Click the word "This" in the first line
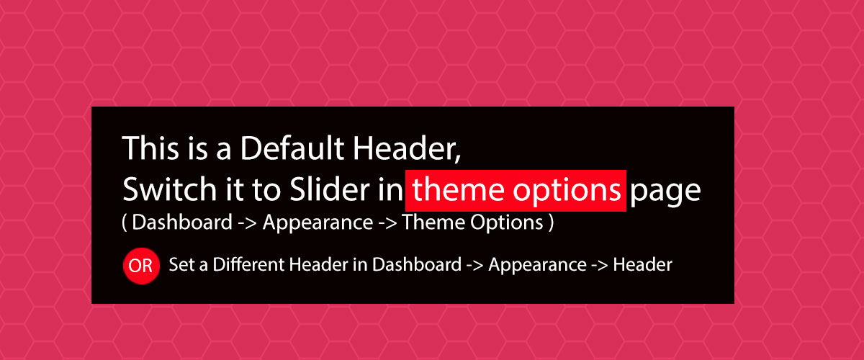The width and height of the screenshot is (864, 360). click(x=150, y=148)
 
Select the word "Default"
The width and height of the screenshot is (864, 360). click(x=292, y=148)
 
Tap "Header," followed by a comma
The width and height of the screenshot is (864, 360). click(x=407, y=148)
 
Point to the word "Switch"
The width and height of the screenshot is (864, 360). click(x=169, y=189)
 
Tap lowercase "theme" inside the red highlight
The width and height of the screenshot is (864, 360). click(x=458, y=190)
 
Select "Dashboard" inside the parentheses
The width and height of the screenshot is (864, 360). click(x=182, y=222)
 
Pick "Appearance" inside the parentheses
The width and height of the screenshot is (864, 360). click(x=318, y=224)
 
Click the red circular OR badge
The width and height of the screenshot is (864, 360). click(x=141, y=266)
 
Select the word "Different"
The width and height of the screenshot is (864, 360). click(x=248, y=264)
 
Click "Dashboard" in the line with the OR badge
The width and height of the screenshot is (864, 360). click(x=417, y=264)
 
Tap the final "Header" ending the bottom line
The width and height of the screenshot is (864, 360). click(x=642, y=265)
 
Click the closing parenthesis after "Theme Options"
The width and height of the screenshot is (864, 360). click(x=552, y=222)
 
